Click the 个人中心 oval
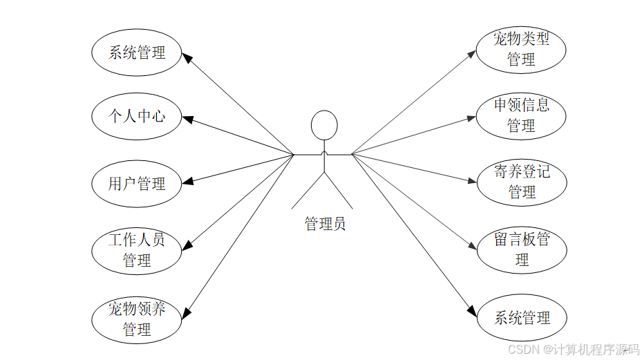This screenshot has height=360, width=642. coord(137,116)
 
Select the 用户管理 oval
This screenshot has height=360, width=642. coord(137,184)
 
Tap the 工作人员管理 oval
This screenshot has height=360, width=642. coord(137,251)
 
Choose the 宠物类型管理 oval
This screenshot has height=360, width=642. coord(521,49)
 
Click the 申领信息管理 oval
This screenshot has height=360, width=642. coord(521,115)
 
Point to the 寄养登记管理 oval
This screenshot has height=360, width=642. coord(521,182)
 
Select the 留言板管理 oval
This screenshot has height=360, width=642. coord(521,249)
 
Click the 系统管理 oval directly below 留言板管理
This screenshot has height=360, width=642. coord(521,318)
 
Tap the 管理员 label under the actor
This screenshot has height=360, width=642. coord(325,224)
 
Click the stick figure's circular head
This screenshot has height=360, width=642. coord(324,126)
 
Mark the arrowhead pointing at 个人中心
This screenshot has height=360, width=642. coord(188,120)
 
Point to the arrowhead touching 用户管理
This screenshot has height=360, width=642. coord(188,182)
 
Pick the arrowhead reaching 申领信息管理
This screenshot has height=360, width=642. coord(472,118)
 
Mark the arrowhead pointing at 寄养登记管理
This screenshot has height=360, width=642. coord(472,182)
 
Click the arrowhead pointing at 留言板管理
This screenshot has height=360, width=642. coord(473,245)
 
